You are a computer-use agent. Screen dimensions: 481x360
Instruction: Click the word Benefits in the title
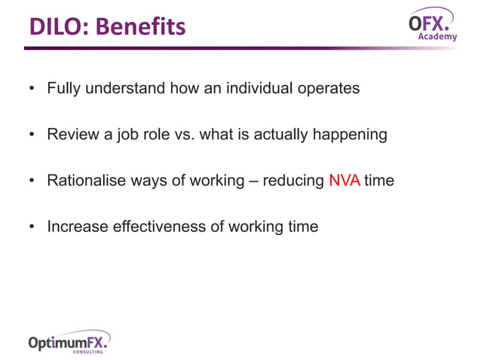pyautogui.click(x=141, y=26)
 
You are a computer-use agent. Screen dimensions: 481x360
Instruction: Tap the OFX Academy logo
pyautogui.click(x=433, y=24)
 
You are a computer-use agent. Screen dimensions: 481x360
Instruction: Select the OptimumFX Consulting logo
pyautogui.click(x=69, y=342)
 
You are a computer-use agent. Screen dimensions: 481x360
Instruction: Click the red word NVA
pyautogui.click(x=345, y=180)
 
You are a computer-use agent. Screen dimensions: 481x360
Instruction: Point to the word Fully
pyautogui.click(x=64, y=88)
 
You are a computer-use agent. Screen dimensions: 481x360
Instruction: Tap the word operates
pyautogui.click(x=329, y=89)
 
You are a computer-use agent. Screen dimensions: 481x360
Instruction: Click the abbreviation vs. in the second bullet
pyautogui.click(x=185, y=135)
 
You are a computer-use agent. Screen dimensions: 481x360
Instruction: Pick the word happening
pyautogui.click(x=350, y=135)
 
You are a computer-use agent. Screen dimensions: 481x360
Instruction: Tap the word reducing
pyautogui.click(x=293, y=181)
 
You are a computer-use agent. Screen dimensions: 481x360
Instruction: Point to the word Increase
pyautogui.click(x=78, y=227)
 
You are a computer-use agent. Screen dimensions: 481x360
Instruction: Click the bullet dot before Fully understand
pyautogui.click(x=32, y=88)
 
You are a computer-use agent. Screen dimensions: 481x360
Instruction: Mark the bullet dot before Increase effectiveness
pyautogui.click(x=32, y=227)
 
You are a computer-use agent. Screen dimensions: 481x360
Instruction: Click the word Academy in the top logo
pyautogui.click(x=437, y=36)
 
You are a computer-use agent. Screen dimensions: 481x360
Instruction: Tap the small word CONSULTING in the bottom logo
pyautogui.click(x=88, y=352)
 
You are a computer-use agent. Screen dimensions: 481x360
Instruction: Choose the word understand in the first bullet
pyautogui.click(x=125, y=88)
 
